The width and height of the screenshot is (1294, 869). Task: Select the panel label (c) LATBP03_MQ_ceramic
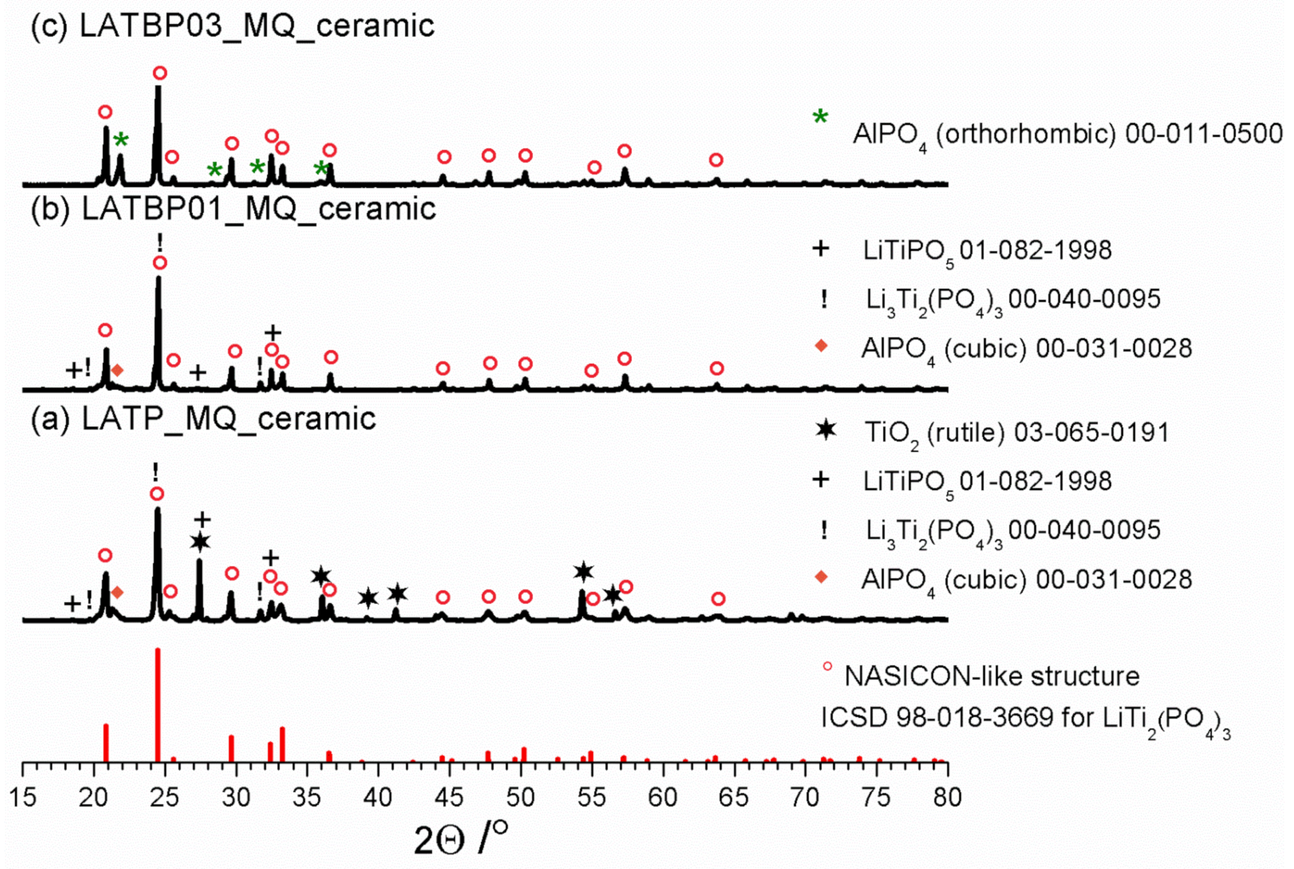232,26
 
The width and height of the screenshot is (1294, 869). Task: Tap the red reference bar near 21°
106,743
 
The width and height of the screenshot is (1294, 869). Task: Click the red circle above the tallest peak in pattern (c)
160,73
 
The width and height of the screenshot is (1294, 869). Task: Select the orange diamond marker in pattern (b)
117,370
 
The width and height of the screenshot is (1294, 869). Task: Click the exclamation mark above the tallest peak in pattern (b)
160,242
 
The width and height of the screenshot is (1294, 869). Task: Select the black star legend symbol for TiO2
826,430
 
